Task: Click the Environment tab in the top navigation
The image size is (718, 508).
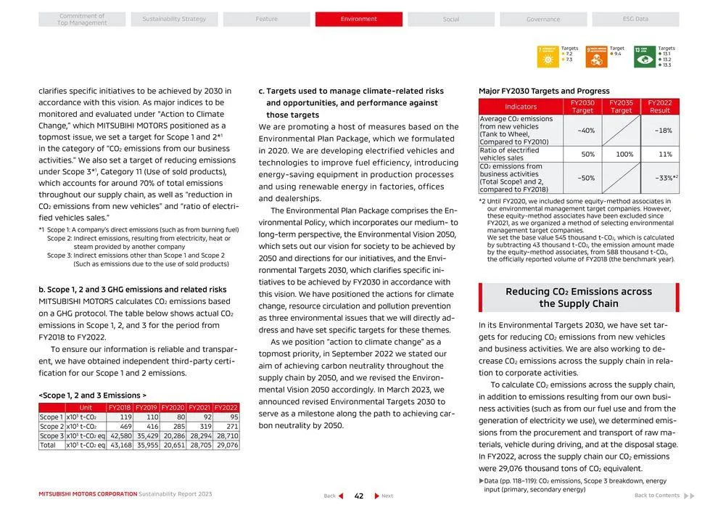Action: point(358,20)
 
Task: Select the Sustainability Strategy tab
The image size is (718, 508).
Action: point(174,20)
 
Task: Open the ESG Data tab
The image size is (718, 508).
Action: point(635,20)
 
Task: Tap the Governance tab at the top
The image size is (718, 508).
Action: point(543,20)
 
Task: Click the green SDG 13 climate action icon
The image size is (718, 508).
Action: point(644,57)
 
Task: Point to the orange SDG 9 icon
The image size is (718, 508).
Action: point(596,57)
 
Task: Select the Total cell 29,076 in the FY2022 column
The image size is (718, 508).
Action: point(226,445)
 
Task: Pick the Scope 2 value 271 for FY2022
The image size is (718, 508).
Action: point(226,427)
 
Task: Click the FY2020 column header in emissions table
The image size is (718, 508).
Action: point(173,408)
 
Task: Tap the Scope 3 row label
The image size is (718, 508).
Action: point(51,436)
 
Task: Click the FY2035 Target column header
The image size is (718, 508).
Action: point(621,107)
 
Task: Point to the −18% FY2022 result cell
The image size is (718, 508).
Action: point(662,131)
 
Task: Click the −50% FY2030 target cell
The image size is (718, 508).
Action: point(582,178)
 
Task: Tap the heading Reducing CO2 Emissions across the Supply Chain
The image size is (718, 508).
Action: point(579,298)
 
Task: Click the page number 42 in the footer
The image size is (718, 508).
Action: point(358,496)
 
